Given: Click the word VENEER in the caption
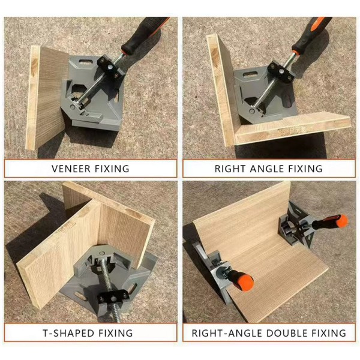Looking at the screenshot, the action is coord(71,169).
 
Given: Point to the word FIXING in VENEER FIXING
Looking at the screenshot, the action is coord(112,169).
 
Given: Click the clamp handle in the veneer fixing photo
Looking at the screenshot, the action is coord(145,35).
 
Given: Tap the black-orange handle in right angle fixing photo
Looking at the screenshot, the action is coord(311,35).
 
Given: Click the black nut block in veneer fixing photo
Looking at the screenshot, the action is coord(110,68).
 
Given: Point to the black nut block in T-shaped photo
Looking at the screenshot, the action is coord(113,298).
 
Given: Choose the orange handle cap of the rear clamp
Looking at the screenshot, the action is coord(341,221).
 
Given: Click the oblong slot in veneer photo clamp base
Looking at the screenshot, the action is coord(85,62).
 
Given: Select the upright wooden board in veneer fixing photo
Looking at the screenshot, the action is coord(47,98).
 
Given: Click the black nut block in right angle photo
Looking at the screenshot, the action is coord(281,71).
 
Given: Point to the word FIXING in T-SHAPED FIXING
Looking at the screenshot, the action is coord(116,333).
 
